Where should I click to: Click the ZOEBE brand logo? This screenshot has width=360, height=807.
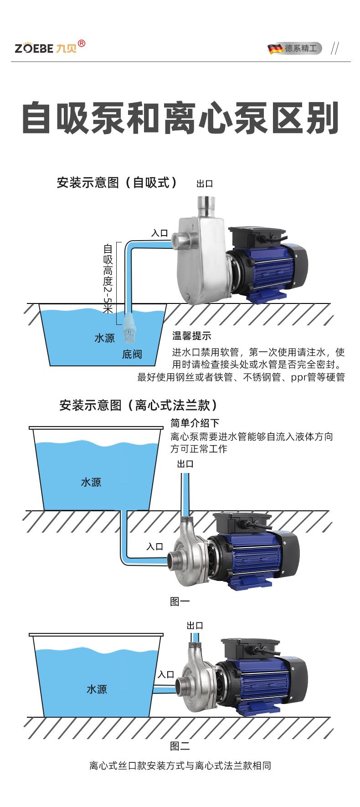49,47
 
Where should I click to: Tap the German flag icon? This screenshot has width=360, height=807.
275,49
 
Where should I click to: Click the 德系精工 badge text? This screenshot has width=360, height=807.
300,48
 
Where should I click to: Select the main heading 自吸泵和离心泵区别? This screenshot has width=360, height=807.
180,118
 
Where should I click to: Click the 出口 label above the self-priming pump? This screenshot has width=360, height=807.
205,184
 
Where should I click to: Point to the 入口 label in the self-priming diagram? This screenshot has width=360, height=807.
159,233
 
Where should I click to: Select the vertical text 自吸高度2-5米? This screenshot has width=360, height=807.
108,278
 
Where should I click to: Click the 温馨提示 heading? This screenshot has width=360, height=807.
191,336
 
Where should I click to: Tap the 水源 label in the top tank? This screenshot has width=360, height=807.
104,338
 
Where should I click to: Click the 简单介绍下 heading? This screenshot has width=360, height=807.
195,423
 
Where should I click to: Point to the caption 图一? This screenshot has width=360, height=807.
180,601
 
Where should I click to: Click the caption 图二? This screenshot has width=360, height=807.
180,746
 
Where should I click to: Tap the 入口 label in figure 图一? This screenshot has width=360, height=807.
154,546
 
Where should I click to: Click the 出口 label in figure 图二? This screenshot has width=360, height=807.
195,626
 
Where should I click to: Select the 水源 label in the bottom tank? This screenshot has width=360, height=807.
97,689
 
